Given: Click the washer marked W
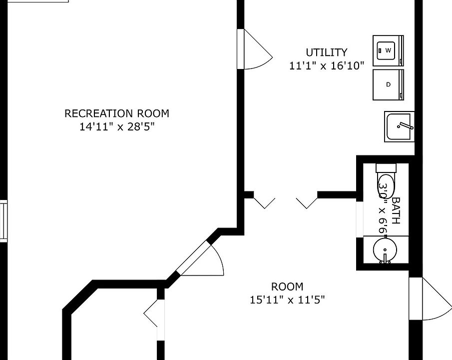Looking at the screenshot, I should pos(388,50).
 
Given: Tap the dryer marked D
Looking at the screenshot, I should pos(388,84).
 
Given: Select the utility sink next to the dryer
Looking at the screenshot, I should pos(399,126).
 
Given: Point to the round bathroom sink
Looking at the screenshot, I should pos(385,249).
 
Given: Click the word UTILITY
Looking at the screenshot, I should pos(326,52).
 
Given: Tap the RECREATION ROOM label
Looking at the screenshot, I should pos(116,113).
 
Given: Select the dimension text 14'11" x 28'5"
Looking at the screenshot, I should pos(116,126).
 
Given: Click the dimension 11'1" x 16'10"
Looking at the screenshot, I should pos(327,65).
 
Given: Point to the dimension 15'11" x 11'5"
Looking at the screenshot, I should pos(287,300).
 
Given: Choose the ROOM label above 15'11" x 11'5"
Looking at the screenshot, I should pos(287,287).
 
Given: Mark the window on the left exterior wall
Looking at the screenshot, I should pos(3,221).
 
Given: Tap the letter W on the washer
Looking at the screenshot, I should pos(388,50).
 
